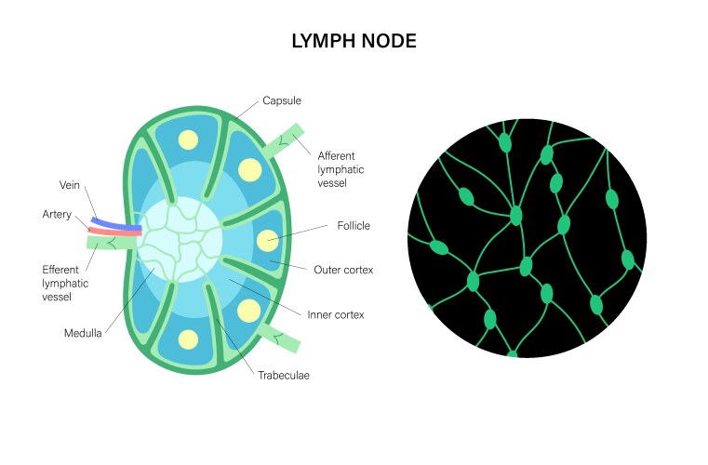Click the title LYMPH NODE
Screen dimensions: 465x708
click(x=354, y=41)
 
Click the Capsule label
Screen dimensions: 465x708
click(x=283, y=100)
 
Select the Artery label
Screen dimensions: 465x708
click(x=57, y=215)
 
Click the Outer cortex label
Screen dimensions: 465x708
click(x=344, y=270)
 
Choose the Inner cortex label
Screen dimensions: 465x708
click(x=335, y=314)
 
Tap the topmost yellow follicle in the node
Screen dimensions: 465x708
click(x=189, y=140)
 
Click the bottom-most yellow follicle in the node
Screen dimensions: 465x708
click(x=189, y=339)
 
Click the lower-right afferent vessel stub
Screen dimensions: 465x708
click(x=279, y=339)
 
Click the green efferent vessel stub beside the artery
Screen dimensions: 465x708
click(x=110, y=243)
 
